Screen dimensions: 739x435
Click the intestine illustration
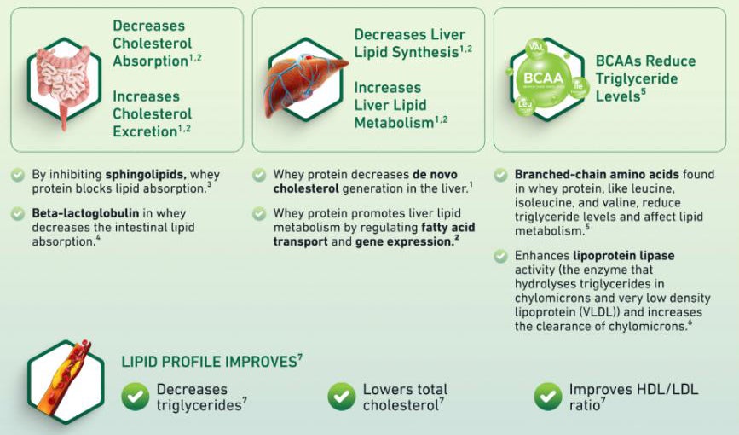point(64,83)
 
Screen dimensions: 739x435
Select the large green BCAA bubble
point(543,78)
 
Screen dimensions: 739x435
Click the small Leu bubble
point(524,105)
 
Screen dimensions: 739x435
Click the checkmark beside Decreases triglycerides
point(136,397)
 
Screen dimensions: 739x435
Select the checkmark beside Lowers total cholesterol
point(342,397)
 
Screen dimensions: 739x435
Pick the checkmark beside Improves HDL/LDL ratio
point(548,397)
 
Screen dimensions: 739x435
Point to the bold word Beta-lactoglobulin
point(85,212)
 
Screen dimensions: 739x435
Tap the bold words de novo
point(435,174)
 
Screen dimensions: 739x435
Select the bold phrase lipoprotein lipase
point(624,256)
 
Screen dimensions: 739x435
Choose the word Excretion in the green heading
point(145,131)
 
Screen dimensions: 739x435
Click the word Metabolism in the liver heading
point(394,123)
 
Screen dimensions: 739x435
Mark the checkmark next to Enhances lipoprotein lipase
point(500,256)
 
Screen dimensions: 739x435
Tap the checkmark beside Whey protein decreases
point(259,175)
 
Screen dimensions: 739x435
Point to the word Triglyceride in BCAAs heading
point(637,78)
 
